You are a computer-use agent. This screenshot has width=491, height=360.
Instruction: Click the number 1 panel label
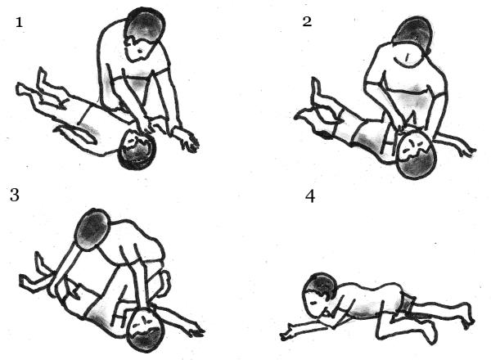[19, 23]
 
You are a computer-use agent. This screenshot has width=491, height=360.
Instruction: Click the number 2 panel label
[307, 21]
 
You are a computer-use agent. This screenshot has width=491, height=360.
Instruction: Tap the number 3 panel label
[15, 195]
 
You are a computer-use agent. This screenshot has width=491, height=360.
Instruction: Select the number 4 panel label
[310, 197]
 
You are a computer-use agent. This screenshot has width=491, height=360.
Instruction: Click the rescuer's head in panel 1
[144, 34]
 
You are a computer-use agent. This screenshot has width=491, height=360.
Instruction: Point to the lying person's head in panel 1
[137, 151]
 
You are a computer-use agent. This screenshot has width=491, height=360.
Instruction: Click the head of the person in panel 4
[320, 294]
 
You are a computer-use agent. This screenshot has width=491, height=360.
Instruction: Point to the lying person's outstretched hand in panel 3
[195, 331]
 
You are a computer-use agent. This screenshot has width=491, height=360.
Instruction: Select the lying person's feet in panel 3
[34, 272]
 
